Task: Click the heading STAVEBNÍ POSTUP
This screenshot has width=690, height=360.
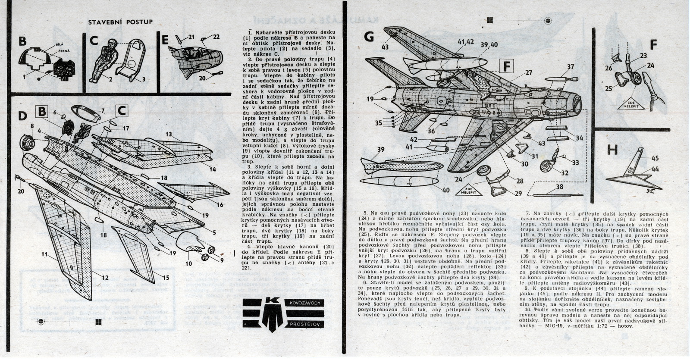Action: tap(120, 22)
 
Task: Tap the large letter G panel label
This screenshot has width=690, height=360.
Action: tap(369, 37)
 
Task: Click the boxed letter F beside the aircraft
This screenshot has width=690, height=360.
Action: tap(508, 66)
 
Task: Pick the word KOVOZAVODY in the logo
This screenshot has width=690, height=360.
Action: tap(306, 304)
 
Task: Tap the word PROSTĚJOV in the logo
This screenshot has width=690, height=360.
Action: tap(306, 323)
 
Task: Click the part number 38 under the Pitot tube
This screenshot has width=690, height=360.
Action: tap(559, 187)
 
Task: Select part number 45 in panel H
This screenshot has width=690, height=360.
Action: tap(655, 158)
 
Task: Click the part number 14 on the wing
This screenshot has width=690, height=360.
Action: tap(212, 169)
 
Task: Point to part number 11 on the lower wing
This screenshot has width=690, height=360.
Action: tap(44, 254)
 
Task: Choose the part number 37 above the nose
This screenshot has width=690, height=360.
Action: tap(570, 66)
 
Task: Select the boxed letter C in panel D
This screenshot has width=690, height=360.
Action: tap(122, 111)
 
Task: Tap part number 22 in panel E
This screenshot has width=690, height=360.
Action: tap(216, 37)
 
